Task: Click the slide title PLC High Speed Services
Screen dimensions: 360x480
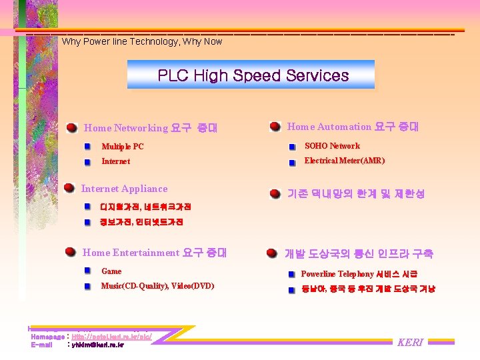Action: [x=253, y=75]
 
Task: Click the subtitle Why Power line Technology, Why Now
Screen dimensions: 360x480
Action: [x=141, y=41]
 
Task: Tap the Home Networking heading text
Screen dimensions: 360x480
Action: [x=151, y=128]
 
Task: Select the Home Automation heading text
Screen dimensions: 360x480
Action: [x=353, y=127]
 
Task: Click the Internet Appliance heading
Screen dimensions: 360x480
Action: [x=124, y=189]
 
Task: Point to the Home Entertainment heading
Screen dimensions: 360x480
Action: [x=154, y=253]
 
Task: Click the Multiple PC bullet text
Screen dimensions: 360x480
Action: [x=122, y=147]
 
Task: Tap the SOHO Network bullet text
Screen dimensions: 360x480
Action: [x=332, y=146]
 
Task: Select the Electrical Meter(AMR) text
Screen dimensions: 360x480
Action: [x=344, y=161]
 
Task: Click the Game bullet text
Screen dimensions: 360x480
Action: [x=111, y=271]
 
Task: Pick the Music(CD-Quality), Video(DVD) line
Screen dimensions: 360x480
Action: [x=157, y=286]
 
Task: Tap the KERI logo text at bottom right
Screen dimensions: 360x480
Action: [x=410, y=343]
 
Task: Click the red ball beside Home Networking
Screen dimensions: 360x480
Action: [x=71, y=127]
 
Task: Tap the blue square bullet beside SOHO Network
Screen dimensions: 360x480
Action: [x=292, y=147]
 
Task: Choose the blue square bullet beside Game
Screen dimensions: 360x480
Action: [x=88, y=271]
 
